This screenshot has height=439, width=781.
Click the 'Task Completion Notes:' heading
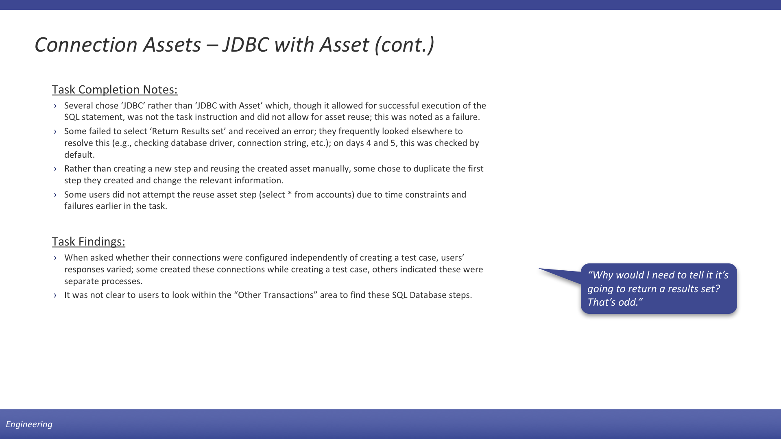click(115, 90)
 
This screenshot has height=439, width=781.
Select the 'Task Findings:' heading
click(88, 242)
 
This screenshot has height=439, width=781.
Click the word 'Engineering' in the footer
click(29, 424)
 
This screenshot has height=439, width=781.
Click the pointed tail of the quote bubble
click(539, 269)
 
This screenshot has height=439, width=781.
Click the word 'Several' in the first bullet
click(77, 106)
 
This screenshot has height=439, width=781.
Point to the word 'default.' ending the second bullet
click(79, 155)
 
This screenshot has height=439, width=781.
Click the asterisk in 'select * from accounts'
click(290, 194)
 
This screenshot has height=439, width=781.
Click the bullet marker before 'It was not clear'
click(55, 296)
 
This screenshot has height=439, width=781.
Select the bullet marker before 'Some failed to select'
click(55, 132)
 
